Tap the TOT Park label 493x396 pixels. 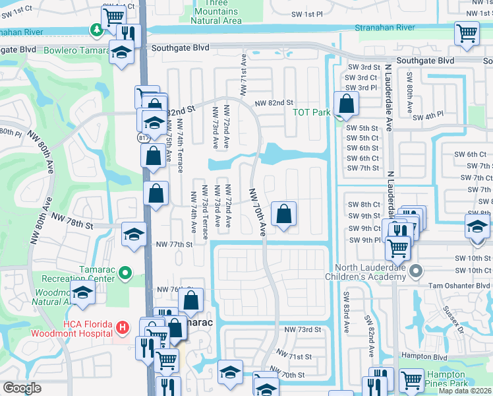point(311,112)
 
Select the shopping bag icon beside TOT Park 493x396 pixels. point(346,103)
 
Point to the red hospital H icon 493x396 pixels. point(121,327)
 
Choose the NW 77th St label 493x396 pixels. point(173,244)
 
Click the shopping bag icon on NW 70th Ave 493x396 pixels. point(283,213)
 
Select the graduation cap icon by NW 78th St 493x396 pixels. point(134,234)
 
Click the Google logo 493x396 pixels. point(22,388)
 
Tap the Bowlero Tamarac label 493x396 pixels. point(29,49)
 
